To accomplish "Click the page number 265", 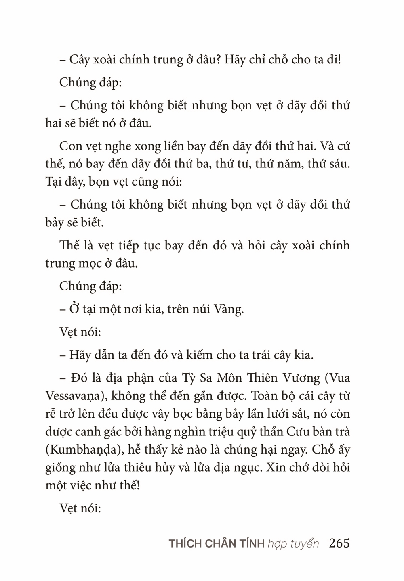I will click(x=339, y=543).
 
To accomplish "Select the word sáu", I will click(x=337, y=164).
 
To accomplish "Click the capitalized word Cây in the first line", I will click(x=78, y=59).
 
